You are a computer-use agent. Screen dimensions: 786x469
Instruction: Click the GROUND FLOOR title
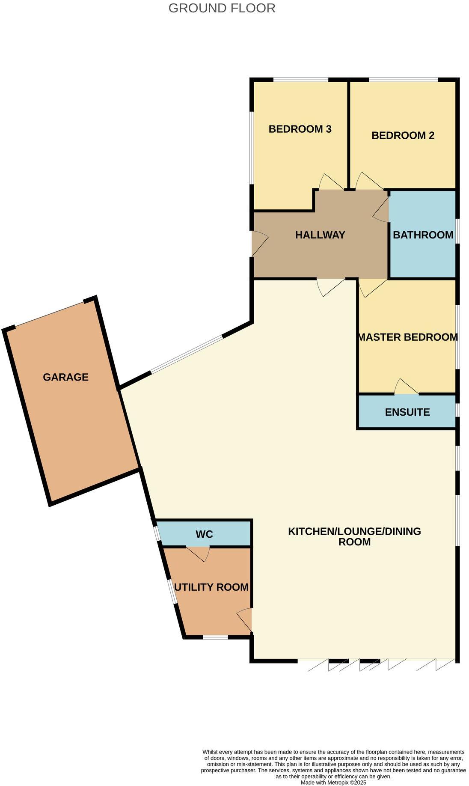pyautogui.click(x=222, y=8)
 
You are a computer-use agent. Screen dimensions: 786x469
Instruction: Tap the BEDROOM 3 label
pyautogui.click(x=300, y=129)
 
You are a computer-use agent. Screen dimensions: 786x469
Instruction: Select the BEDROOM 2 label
pyautogui.click(x=403, y=135)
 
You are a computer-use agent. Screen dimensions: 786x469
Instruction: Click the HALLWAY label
pyautogui.click(x=320, y=235)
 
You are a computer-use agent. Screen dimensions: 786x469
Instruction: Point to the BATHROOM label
pyautogui.click(x=423, y=235)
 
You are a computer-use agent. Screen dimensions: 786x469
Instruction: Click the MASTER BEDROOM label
pyautogui.click(x=407, y=337)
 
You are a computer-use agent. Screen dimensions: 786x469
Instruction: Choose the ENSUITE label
pyautogui.click(x=407, y=412)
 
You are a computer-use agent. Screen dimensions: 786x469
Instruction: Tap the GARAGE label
pyautogui.click(x=65, y=377)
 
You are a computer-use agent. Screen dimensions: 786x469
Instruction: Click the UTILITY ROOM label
pyautogui.click(x=211, y=587)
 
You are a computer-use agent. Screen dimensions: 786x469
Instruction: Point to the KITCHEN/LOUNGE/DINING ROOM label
pyautogui.click(x=354, y=536)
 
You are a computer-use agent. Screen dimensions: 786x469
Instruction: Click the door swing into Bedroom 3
pyautogui.click(x=330, y=183)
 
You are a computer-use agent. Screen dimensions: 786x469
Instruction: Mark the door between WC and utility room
pyautogui.click(x=199, y=553)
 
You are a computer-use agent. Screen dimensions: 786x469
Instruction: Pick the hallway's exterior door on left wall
pyautogui.click(x=259, y=244)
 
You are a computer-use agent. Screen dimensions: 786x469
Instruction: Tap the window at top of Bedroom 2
pyautogui.click(x=403, y=80)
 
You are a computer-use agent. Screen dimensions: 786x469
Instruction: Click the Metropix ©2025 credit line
pyautogui.click(x=333, y=782)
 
